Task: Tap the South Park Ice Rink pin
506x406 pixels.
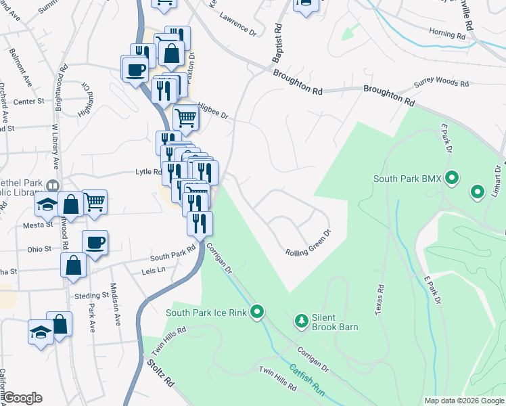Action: tap(256, 312)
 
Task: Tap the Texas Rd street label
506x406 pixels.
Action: tap(379, 297)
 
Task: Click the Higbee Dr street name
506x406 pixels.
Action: tap(213, 111)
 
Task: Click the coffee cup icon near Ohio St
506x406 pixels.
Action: tap(95, 242)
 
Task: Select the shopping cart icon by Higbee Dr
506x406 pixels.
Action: tap(186, 118)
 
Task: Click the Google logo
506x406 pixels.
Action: tap(22, 398)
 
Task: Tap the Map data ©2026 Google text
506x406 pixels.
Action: tap(463, 401)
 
